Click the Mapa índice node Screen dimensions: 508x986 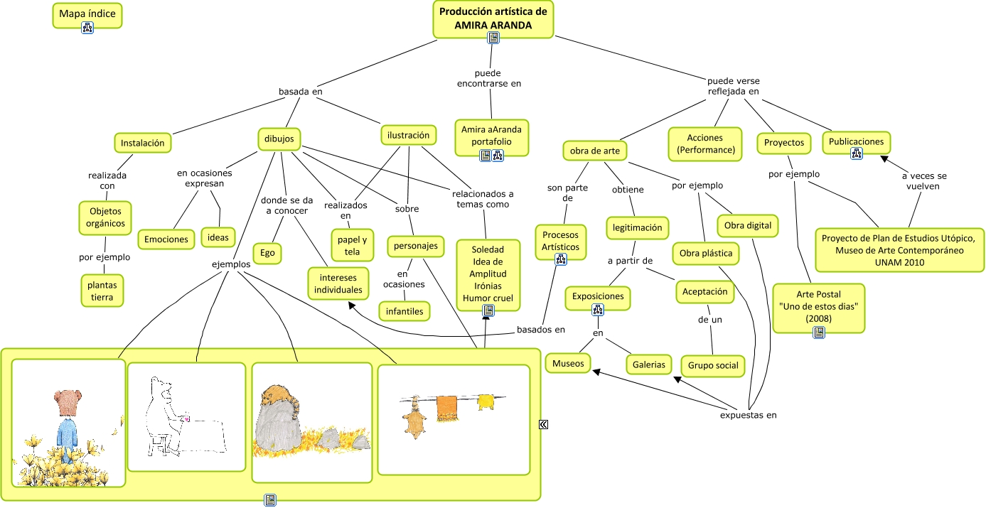click(87, 14)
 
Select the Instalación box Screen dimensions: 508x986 click(142, 143)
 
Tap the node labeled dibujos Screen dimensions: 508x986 click(279, 139)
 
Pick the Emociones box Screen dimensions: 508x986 click(166, 239)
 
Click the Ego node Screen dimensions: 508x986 click(267, 252)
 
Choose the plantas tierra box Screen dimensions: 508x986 click(102, 291)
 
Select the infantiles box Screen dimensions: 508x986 click(404, 310)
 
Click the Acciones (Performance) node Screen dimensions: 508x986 click(704, 144)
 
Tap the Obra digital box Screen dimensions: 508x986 click(747, 226)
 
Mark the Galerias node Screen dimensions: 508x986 click(648, 364)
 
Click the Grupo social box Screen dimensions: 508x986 click(713, 365)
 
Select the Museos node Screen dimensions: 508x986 click(568, 364)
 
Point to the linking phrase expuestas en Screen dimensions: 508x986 click(748, 415)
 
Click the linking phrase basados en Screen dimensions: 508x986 click(540, 329)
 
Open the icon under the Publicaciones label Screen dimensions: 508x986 click(856, 153)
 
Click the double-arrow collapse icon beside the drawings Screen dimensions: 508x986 click(543, 424)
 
